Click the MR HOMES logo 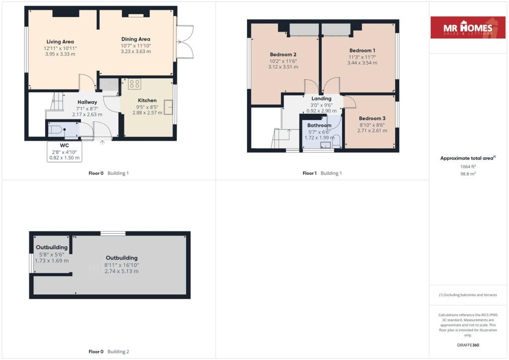[x=468, y=27]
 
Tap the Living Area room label [x=60, y=42]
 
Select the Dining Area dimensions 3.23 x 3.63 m [x=136, y=51]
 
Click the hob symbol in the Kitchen [x=134, y=84]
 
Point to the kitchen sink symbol [x=168, y=107]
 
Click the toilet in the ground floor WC [x=56, y=130]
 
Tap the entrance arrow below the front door [x=102, y=142]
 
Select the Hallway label [x=87, y=102]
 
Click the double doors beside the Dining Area [x=185, y=42]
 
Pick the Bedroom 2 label [x=283, y=55]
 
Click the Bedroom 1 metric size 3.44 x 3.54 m [x=362, y=63]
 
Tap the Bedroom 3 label [x=372, y=118]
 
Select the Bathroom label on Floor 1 [x=320, y=125]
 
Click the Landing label [x=322, y=98]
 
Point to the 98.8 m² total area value [x=468, y=174]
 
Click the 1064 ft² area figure [x=468, y=167]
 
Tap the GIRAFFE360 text [x=468, y=345]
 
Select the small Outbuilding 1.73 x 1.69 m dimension [x=52, y=261]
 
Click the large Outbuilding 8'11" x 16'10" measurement [x=122, y=265]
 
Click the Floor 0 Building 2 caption [x=109, y=352]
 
